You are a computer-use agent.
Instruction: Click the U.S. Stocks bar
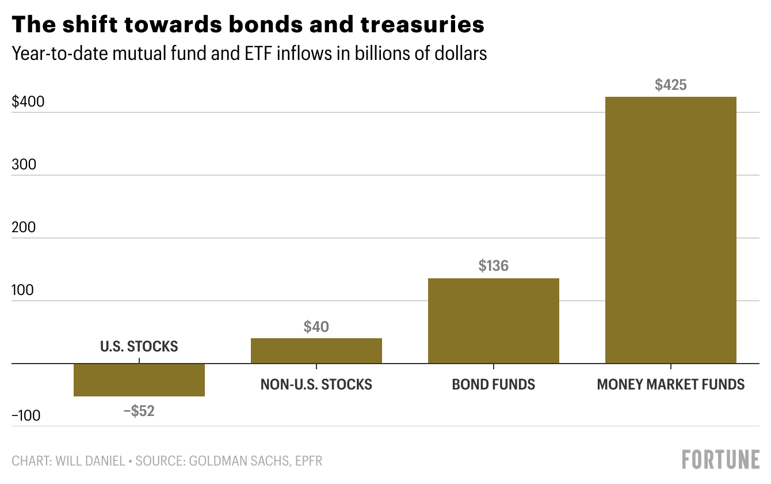coord(139,380)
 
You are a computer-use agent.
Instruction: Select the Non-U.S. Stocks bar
coord(316,350)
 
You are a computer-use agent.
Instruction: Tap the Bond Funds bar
coord(494,320)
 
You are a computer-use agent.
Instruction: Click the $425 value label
coord(671,85)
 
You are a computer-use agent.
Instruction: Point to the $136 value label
coord(494,266)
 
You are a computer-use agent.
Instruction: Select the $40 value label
coord(316,327)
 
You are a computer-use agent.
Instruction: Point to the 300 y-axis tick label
coord(24,165)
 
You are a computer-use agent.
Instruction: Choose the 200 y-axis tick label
coord(24,228)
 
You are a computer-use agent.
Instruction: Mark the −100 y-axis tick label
coord(26,416)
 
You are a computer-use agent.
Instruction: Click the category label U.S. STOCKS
coord(139,347)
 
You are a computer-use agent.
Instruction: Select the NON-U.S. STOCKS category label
coord(316,384)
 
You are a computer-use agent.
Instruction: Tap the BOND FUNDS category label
coord(494,384)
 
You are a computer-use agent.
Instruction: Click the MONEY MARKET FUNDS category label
coord(671,384)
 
